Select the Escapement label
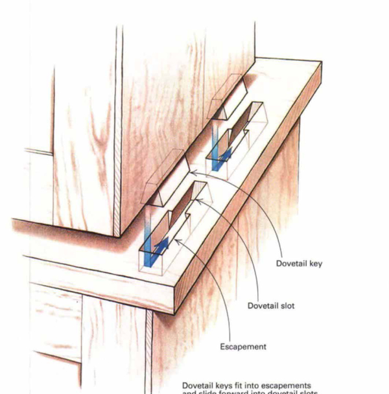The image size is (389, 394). [x=243, y=347]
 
